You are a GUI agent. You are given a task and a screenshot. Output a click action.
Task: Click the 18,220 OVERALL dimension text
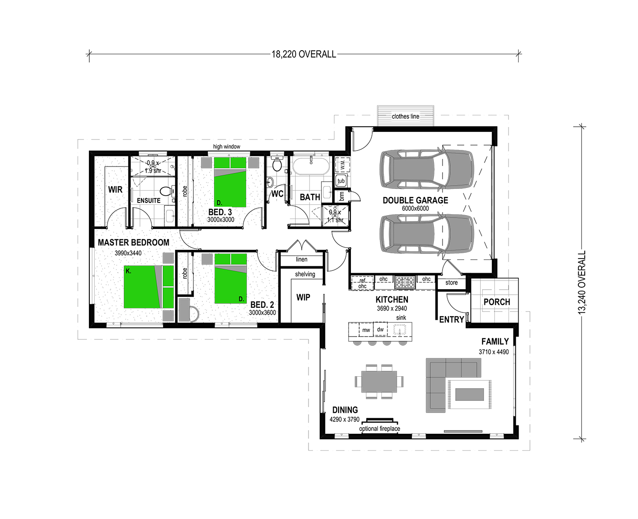[304, 54]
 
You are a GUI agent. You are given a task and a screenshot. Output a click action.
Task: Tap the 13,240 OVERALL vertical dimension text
[581, 282]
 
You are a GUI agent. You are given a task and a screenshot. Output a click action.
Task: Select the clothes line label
[405, 116]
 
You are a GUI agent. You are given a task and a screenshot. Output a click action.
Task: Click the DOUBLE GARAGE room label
[415, 200]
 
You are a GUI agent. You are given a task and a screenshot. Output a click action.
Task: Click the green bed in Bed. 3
[230, 182]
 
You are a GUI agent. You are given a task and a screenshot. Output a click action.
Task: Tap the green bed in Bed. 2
[231, 279]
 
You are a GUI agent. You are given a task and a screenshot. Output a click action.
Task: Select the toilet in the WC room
[277, 164]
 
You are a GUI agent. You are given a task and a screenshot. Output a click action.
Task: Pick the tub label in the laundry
[341, 181]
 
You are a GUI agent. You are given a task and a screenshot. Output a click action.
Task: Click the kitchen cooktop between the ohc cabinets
[405, 282]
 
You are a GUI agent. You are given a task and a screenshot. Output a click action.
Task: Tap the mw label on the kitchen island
[366, 330]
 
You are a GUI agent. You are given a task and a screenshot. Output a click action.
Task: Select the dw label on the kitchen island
[380, 329]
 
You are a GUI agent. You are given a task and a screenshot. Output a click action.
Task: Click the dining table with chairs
[379, 381]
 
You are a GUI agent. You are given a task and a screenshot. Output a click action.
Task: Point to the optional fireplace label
[380, 429]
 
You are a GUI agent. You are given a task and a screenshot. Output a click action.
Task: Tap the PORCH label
[497, 302]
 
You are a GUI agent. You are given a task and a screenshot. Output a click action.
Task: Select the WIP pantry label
[303, 297]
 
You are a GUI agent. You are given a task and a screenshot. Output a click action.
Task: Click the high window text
[226, 146]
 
